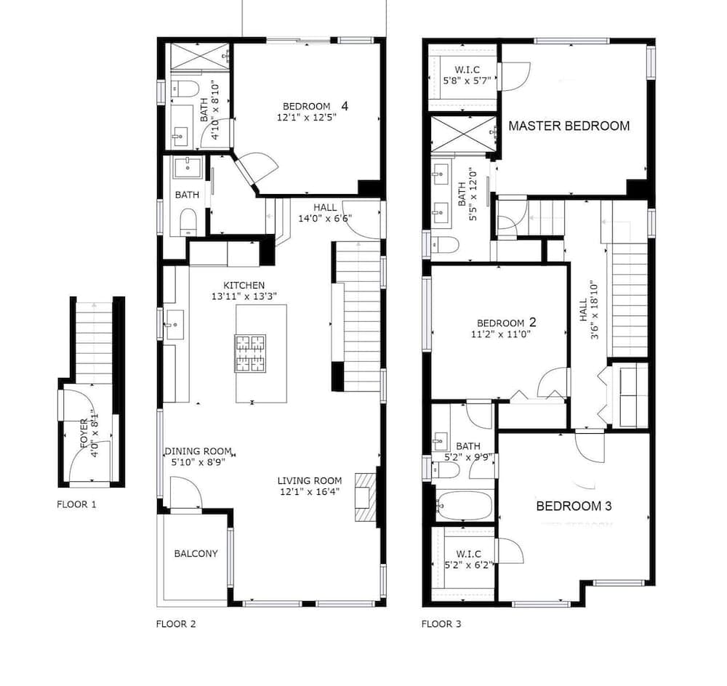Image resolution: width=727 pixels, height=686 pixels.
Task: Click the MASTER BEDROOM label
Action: pyautogui.click(x=569, y=126)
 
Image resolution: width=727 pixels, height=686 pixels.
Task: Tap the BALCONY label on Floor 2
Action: pyautogui.click(x=196, y=554)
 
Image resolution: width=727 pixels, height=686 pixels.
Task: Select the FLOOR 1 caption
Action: pyautogui.click(x=76, y=504)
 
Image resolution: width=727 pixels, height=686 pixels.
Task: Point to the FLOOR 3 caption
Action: pyautogui.click(x=441, y=624)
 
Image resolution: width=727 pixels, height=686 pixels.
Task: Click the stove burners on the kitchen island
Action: pyautogui.click(x=250, y=354)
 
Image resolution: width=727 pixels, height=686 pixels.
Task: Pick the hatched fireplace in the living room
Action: pyautogui.click(x=365, y=497)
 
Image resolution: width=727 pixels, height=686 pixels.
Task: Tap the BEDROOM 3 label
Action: pyautogui.click(x=574, y=506)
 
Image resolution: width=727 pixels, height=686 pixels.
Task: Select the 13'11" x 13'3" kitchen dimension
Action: pyautogui.click(x=244, y=296)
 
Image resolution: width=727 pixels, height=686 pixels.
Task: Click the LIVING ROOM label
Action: pyautogui.click(x=310, y=481)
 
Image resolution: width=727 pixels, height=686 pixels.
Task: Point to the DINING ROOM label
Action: pyautogui.click(x=198, y=451)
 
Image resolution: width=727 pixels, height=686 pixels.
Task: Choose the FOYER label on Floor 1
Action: pyautogui.click(x=84, y=433)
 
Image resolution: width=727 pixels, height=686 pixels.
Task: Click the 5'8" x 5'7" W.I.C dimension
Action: pyautogui.click(x=467, y=80)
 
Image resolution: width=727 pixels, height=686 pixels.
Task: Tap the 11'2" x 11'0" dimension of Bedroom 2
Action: pyautogui.click(x=500, y=334)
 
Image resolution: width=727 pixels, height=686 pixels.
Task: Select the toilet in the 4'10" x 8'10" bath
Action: pyautogui.click(x=185, y=89)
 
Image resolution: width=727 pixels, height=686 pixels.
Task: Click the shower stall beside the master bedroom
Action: pyautogui.click(x=464, y=134)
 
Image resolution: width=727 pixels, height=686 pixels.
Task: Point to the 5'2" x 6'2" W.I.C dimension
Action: pyautogui.click(x=468, y=565)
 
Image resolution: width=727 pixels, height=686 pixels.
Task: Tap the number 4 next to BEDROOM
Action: pyautogui.click(x=345, y=106)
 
